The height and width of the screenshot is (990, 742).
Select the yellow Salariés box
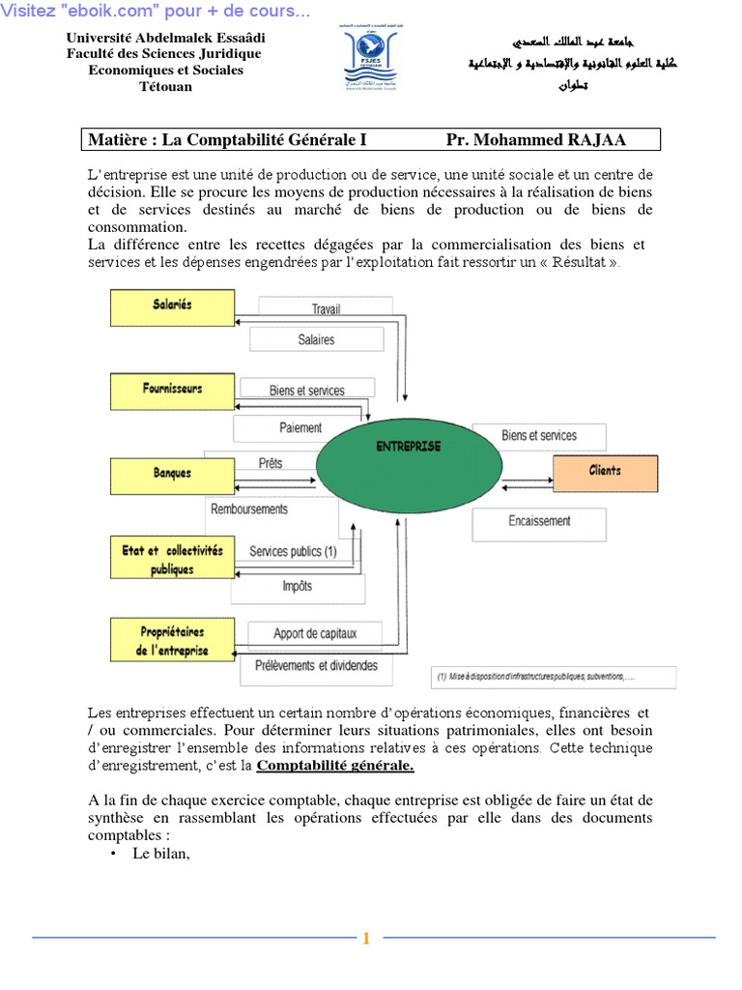coord(172,306)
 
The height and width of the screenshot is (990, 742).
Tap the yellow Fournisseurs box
coord(172,390)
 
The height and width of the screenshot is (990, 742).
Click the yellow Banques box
coord(172,474)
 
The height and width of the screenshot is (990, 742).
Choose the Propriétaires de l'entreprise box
coord(172,641)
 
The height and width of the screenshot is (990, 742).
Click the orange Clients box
coord(605,472)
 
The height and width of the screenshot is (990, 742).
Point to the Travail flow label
coord(326,309)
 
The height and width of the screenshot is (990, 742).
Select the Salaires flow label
coord(316,339)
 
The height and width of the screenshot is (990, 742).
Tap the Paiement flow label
coord(300,427)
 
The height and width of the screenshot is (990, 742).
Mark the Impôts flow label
coord(297,586)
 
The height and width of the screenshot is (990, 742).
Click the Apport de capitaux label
coord(315,634)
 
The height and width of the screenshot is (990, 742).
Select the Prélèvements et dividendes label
coord(316,666)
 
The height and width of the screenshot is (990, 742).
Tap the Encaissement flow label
coord(539,521)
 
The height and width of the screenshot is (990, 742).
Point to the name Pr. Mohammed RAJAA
coord(536,140)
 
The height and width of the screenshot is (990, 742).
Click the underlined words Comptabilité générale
coord(334,766)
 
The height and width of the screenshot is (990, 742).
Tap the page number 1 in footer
coord(367,938)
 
